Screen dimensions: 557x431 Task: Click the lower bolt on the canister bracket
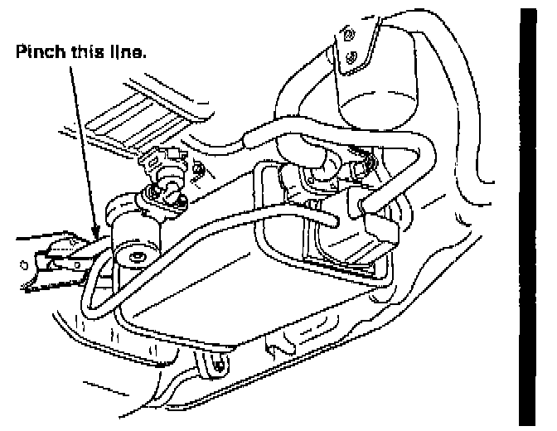click(x=355, y=57)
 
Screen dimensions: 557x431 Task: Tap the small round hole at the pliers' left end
click(x=22, y=267)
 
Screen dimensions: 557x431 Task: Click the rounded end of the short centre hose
click(x=335, y=221)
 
